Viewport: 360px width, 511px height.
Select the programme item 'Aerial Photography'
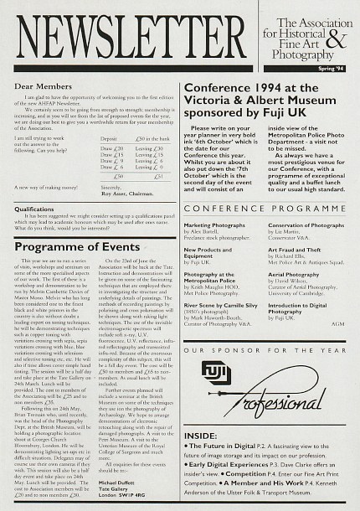pyautogui.click(x=294, y=274)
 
